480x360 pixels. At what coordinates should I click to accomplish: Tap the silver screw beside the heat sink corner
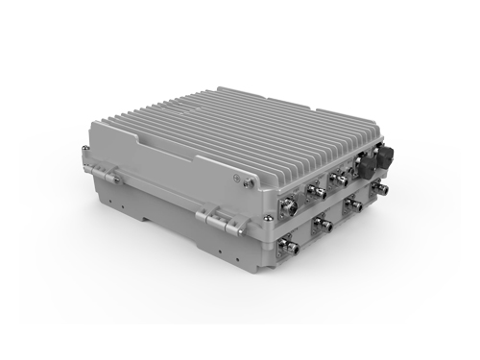(x=247, y=180)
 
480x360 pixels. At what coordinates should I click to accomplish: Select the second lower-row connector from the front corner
(x=324, y=225)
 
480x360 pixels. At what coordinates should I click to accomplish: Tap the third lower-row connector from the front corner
(x=354, y=207)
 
